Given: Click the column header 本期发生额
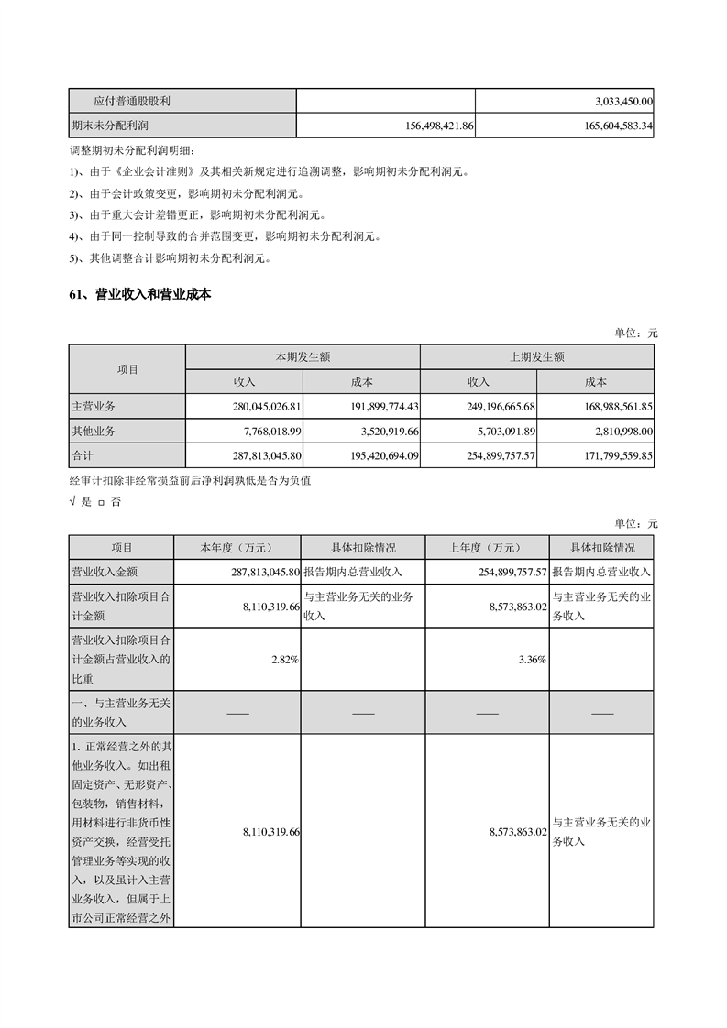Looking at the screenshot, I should (x=303, y=357).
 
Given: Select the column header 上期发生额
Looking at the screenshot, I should (x=537, y=357).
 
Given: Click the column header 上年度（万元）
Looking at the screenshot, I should (x=485, y=548).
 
